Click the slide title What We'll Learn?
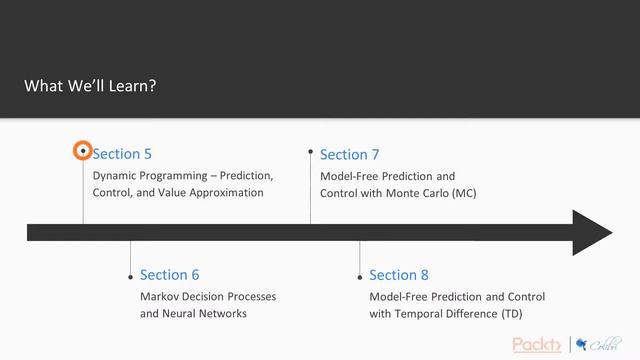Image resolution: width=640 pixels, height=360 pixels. (x=90, y=86)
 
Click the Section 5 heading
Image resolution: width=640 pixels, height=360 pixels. (x=122, y=154)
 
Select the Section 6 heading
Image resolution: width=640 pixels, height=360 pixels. (x=170, y=275)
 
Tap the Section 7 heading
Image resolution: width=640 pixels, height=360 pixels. (x=349, y=154)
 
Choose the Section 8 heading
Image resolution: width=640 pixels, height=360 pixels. (x=399, y=275)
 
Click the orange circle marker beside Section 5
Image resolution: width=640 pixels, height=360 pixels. (x=83, y=152)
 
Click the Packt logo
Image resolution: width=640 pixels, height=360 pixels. (x=537, y=345)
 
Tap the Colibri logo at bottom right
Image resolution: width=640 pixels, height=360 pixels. (x=598, y=345)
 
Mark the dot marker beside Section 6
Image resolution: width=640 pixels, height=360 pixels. (x=130, y=275)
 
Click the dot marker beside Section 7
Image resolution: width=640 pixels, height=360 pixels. (x=310, y=154)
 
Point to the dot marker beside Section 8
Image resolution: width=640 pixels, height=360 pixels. (x=359, y=275)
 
